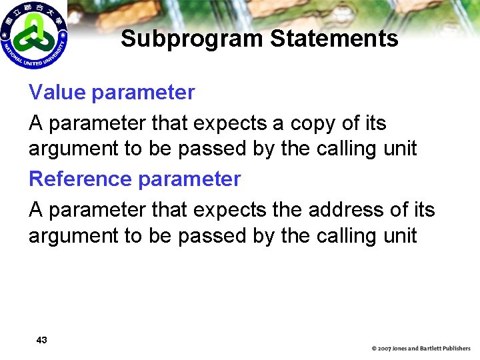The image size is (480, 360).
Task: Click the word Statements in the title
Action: coord(335,39)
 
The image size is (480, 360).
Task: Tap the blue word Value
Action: coord(58,93)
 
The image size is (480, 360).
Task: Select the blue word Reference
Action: coord(80,179)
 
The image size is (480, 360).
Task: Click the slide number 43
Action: coord(41,340)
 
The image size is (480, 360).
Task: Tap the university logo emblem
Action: coord(33,35)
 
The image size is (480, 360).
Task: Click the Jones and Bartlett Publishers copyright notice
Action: coord(421,348)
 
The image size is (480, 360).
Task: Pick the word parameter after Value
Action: coord(144,93)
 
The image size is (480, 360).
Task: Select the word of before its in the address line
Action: coord(399,210)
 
